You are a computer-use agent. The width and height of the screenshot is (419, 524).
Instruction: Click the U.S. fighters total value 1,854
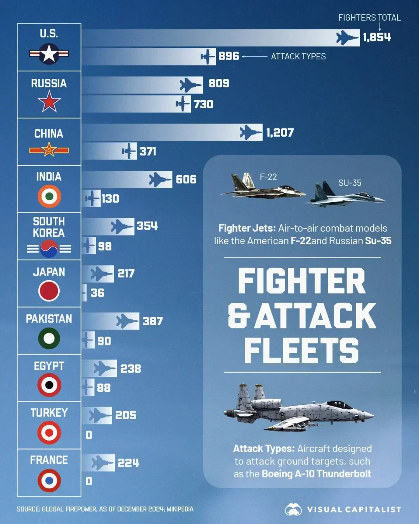coord(377,37)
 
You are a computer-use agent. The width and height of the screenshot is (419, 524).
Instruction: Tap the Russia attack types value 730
coord(203,104)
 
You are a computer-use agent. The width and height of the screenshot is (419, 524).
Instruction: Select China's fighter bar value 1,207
coord(280,133)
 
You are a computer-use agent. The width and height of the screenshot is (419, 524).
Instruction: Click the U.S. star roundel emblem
coord(49,54)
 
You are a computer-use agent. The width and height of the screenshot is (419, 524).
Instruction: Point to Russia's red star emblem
coord(49,102)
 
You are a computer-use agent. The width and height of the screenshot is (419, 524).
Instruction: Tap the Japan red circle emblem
coord(49,291)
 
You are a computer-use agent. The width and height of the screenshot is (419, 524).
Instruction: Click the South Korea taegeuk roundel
coord(49,248)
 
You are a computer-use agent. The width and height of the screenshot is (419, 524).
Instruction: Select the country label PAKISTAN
coord(49,319)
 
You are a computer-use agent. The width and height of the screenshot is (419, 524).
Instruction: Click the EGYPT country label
coord(49,366)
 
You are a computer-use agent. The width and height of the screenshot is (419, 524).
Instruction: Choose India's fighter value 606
coord(186,179)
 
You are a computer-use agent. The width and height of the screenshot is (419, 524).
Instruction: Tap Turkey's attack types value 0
coord(89,435)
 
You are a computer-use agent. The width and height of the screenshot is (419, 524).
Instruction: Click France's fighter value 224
coord(128,463)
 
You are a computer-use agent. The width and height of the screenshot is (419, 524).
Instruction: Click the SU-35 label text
coord(350,183)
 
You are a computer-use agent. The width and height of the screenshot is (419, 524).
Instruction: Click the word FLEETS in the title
coord(301,350)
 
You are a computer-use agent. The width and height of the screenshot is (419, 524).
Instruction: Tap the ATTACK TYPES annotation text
coord(298,57)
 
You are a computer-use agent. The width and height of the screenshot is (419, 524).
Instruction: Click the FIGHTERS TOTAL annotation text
coord(369,18)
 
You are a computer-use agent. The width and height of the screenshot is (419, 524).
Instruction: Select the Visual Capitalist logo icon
coord(293,509)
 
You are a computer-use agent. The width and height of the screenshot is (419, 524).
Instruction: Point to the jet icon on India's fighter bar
coord(160,179)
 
